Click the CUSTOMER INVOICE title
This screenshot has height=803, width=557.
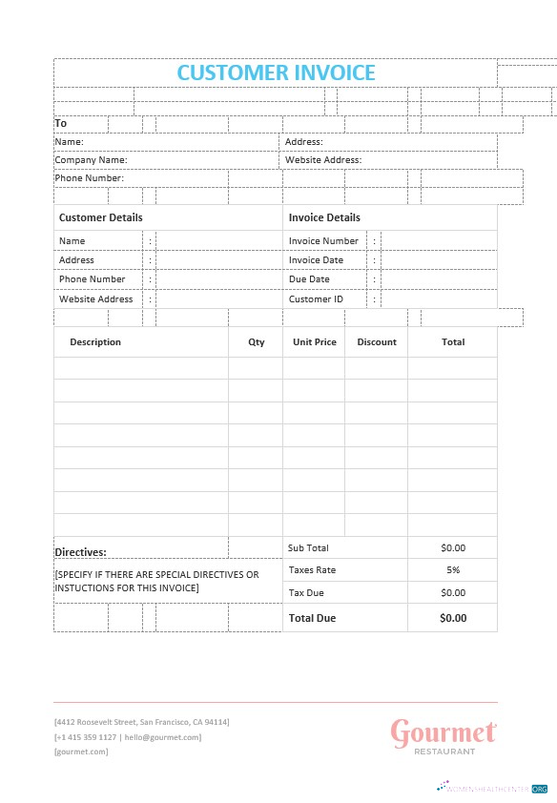(x=277, y=72)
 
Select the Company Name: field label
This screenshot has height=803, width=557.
(x=91, y=160)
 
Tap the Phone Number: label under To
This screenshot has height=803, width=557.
(x=90, y=178)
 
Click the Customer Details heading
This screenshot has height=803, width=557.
(x=101, y=217)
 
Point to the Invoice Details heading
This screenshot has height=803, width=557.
(x=324, y=217)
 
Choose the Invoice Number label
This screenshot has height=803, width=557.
(x=323, y=241)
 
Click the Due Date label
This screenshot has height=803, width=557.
(x=309, y=279)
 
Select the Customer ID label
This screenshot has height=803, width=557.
(x=316, y=299)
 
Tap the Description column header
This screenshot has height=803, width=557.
(x=95, y=342)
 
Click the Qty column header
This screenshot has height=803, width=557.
(x=257, y=342)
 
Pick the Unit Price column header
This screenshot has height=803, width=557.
(x=315, y=342)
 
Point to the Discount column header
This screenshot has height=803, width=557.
(x=377, y=342)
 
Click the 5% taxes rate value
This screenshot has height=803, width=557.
(x=453, y=570)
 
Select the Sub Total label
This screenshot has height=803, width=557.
(x=308, y=548)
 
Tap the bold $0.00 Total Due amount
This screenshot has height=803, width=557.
(x=453, y=618)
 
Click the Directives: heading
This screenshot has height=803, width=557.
(x=80, y=552)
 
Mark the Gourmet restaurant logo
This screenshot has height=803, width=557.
(x=444, y=735)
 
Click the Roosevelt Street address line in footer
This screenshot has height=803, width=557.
(x=141, y=722)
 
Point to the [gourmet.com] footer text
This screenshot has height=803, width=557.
(x=81, y=752)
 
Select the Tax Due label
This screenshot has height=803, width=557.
(x=306, y=593)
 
